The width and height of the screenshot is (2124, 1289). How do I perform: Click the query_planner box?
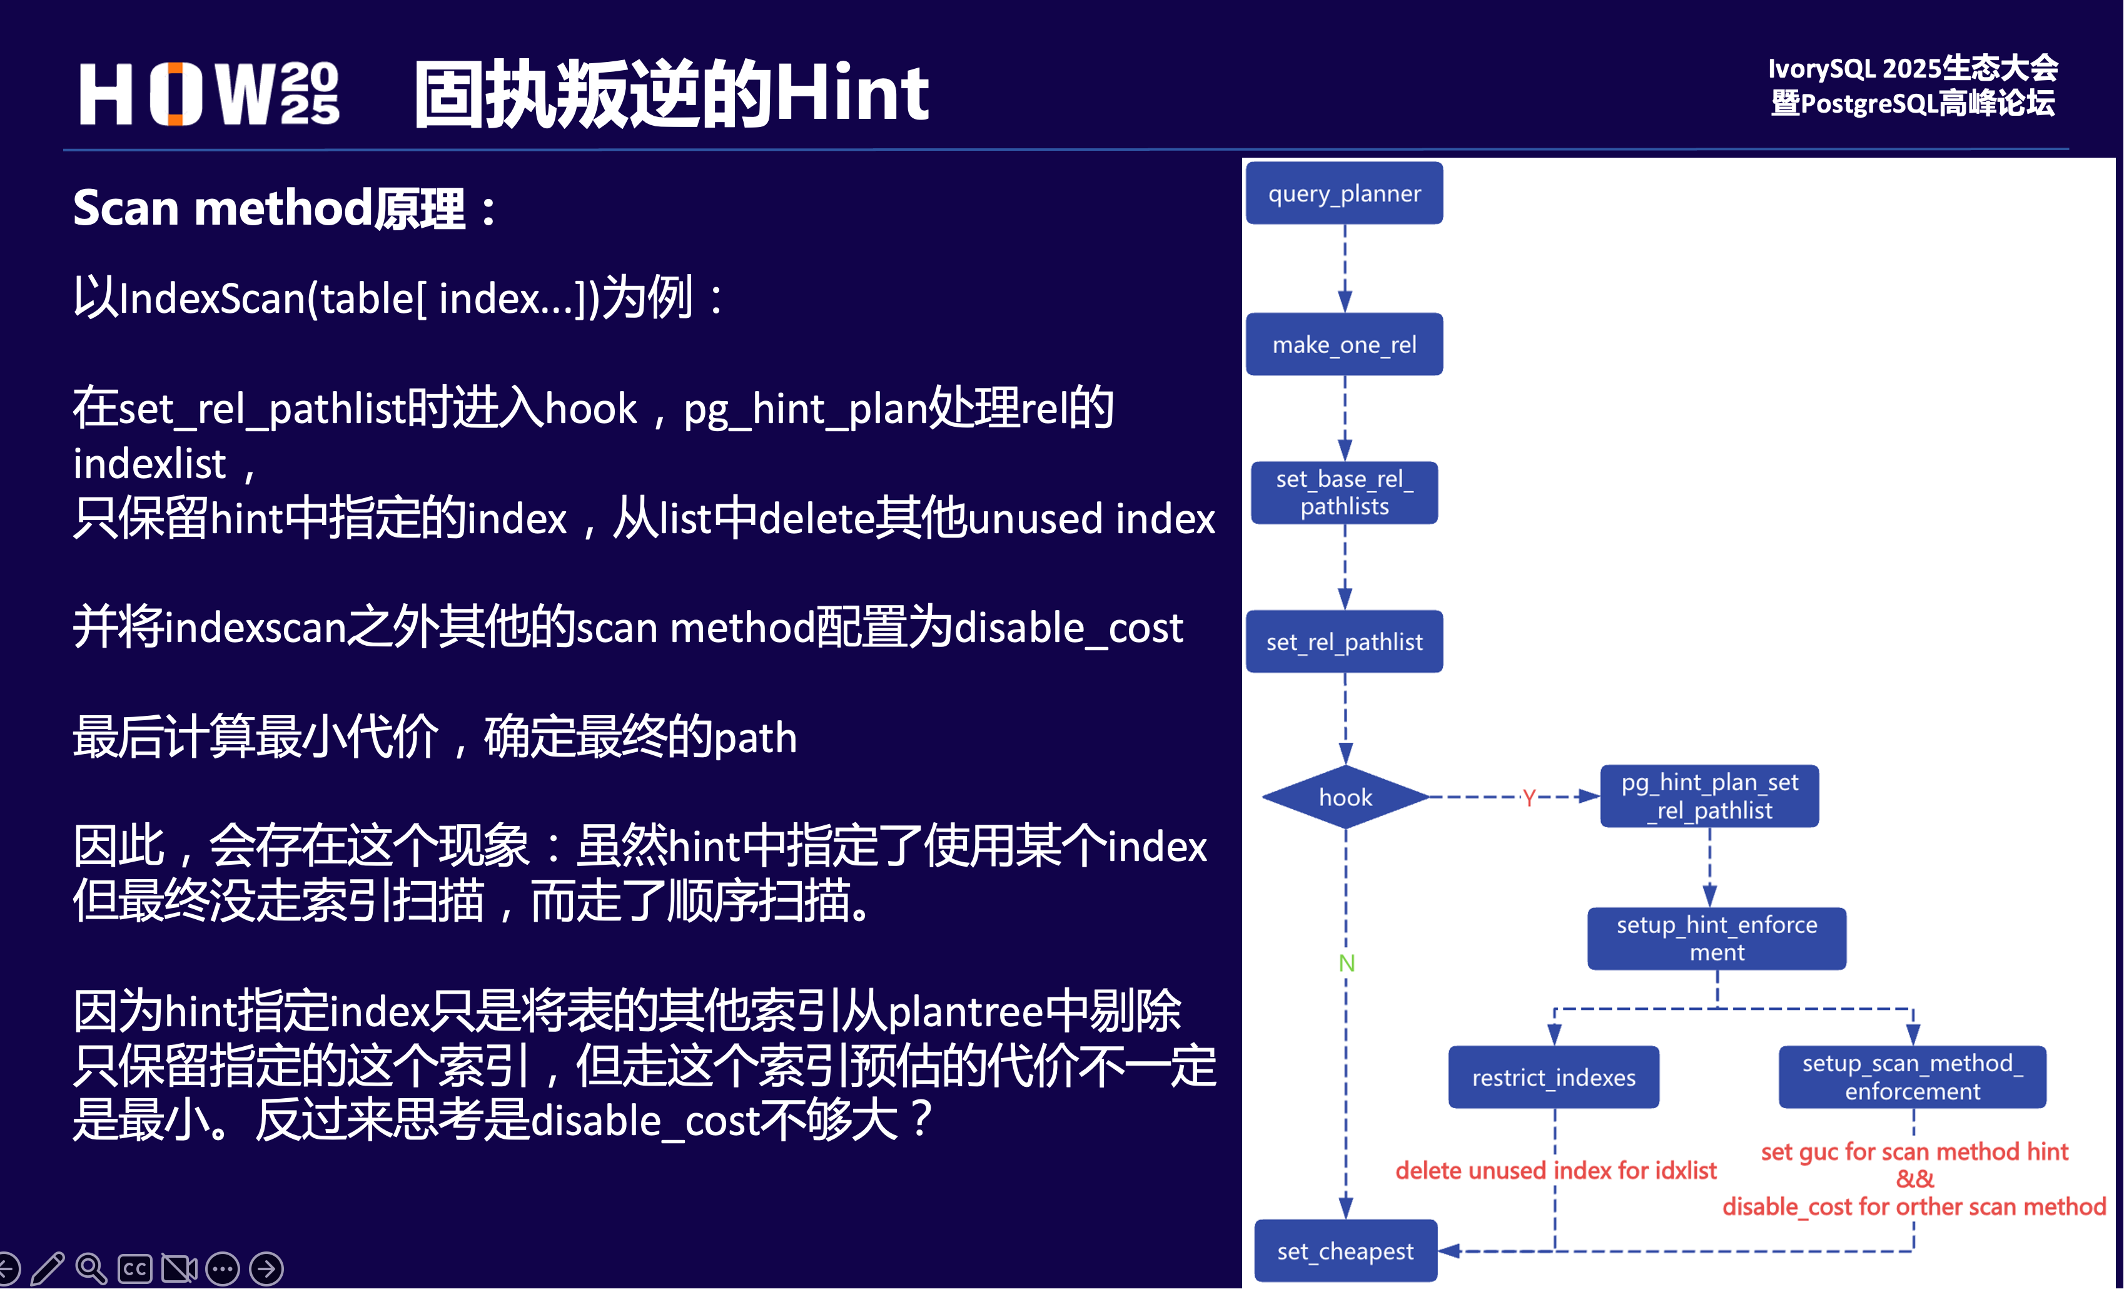click(1344, 193)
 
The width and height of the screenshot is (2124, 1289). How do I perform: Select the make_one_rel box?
click(1344, 344)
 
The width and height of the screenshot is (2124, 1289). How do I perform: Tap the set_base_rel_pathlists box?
click(1344, 492)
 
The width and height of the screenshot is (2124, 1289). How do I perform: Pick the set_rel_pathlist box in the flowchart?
click(1344, 641)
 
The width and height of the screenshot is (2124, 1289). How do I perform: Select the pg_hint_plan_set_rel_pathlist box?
click(1709, 796)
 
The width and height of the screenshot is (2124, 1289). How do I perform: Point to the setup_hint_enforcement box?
click(1716, 938)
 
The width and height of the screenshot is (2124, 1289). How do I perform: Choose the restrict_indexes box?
click(1554, 1077)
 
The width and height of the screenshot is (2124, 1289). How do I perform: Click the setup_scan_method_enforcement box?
click(1912, 1077)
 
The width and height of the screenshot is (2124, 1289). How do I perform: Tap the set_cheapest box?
click(1345, 1250)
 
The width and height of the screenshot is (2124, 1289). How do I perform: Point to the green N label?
click(1347, 963)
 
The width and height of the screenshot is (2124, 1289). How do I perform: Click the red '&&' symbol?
click(1914, 1179)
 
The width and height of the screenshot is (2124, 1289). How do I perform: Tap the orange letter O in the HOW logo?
click(176, 94)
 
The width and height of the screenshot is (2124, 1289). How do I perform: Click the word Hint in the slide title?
click(852, 93)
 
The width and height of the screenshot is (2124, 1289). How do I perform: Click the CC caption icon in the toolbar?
click(135, 1268)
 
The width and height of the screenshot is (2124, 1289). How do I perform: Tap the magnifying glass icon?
click(91, 1268)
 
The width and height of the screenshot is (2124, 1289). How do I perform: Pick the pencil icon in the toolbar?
click(48, 1268)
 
